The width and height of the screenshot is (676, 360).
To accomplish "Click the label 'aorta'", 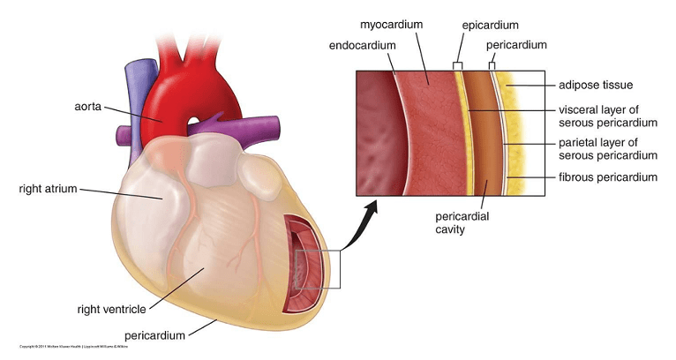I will click(88, 106).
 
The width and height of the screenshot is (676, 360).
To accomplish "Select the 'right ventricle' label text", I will click(109, 310).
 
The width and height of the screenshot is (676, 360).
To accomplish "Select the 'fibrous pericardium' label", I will click(608, 177).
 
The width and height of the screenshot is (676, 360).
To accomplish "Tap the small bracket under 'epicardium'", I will click(457, 65).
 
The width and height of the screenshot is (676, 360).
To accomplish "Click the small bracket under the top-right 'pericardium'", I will click(492, 65).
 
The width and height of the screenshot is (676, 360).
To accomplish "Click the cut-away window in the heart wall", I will click(302, 265).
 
